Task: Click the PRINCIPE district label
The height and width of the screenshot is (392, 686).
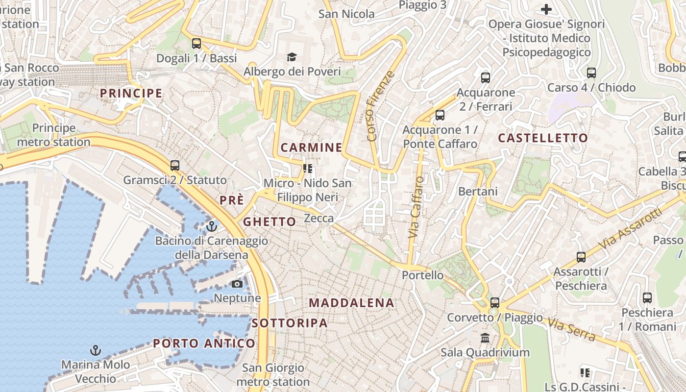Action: tap(131, 93)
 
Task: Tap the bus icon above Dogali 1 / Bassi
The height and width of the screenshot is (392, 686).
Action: tap(196, 43)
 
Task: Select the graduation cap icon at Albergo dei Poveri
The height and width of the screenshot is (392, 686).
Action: tap(292, 57)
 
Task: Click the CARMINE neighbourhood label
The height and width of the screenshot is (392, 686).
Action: tap(311, 147)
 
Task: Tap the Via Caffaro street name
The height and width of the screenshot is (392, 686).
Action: tap(416, 207)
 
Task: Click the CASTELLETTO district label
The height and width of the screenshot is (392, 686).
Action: tap(543, 138)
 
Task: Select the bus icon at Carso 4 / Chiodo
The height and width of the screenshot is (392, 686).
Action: tap(591, 73)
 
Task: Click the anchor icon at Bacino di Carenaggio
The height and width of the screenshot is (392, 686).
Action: tap(212, 226)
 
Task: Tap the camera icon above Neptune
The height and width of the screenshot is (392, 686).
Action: tap(237, 284)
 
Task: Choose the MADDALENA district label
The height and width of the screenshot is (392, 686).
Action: tap(351, 303)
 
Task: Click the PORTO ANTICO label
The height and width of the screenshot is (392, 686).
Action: tap(204, 343)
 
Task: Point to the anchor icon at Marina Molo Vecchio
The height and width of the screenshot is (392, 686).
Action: tap(96, 350)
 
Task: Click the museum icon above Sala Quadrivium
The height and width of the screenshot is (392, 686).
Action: tap(485, 338)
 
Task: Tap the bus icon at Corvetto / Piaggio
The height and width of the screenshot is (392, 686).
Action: tap(495, 303)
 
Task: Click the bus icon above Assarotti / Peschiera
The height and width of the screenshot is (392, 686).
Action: tap(581, 257)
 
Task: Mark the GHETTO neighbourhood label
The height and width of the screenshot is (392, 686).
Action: tap(269, 222)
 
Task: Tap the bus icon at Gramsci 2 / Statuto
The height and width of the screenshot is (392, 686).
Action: tap(175, 166)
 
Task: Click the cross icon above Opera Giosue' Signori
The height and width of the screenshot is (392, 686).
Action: tap(546, 9)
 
